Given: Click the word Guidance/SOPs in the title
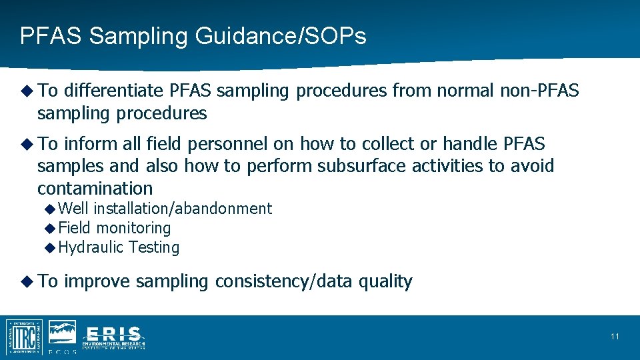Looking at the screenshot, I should pyautogui.click(x=281, y=36).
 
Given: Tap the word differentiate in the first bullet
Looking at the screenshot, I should pyautogui.click(x=114, y=91).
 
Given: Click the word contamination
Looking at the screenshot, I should pyautogui.click(x=95, y=188).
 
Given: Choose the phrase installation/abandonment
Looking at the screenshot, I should pyautogui.click(x=183, y=209).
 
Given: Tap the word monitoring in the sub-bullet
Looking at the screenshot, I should pyautogui.click(x=133, y=228).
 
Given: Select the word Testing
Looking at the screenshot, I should pyautogui.click(x=154, y=248).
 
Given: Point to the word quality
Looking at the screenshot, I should pyautogui.click(x=385, y=282).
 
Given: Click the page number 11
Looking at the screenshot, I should pyautogui.click(x=614, y=337).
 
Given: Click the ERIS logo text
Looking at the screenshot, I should pyautogui.click(x=113, y=335).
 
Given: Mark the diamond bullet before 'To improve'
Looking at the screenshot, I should pyautogui.click(x=27, y=281).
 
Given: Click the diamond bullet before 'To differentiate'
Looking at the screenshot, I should pyautogui.click(x=27, y=91).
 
